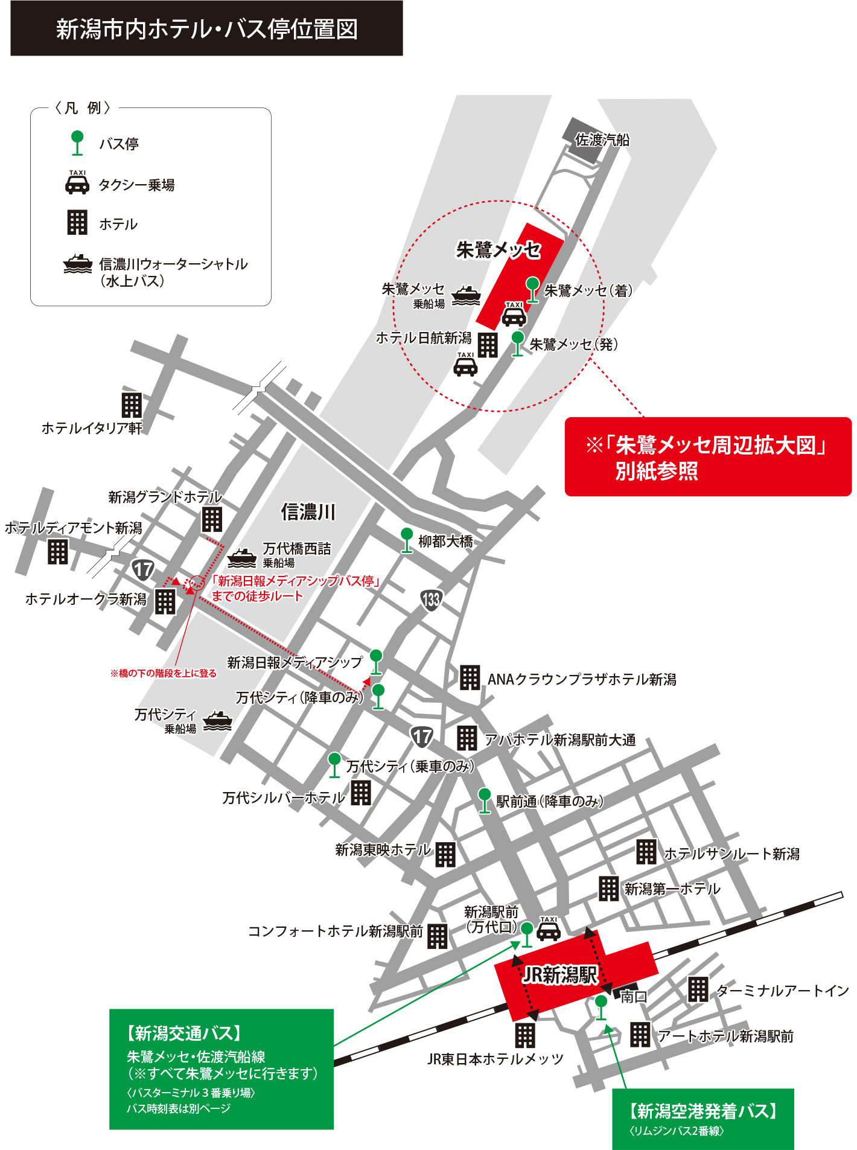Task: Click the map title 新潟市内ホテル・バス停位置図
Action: point(206,29)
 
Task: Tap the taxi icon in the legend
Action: point(77,183)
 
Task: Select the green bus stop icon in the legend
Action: point(77,142)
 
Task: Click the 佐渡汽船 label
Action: point(602,140)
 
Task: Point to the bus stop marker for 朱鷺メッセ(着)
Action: point(532,289)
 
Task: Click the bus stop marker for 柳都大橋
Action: point(407,539)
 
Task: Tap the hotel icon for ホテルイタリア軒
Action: point(132,405)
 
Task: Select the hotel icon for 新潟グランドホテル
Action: point(212,519)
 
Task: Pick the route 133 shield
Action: point(431,599)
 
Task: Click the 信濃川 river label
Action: point(308,512)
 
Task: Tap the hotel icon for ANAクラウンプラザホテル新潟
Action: point(470,677)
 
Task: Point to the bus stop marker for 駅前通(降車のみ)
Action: point(484,800)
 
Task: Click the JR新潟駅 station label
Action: point(559,974)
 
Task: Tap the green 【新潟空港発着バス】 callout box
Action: point(702,1118)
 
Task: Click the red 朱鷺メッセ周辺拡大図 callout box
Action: point(707,456)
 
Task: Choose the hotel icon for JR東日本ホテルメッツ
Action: point(524,1035)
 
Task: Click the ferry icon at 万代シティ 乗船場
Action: point(217,720)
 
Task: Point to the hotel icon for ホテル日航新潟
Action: point(488,345)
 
